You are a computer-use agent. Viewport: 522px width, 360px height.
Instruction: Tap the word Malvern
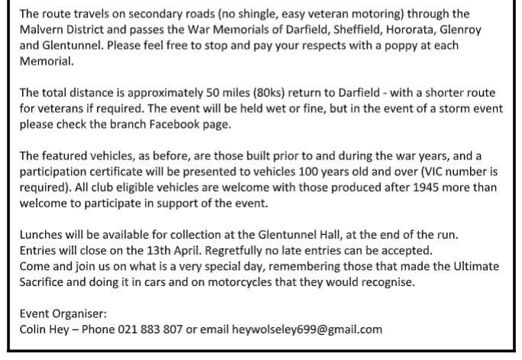tap(43, 30)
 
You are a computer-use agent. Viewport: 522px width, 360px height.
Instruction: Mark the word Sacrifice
tap(46, 282)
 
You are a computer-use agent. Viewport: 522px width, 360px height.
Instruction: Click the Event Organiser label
tap(63, 313)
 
